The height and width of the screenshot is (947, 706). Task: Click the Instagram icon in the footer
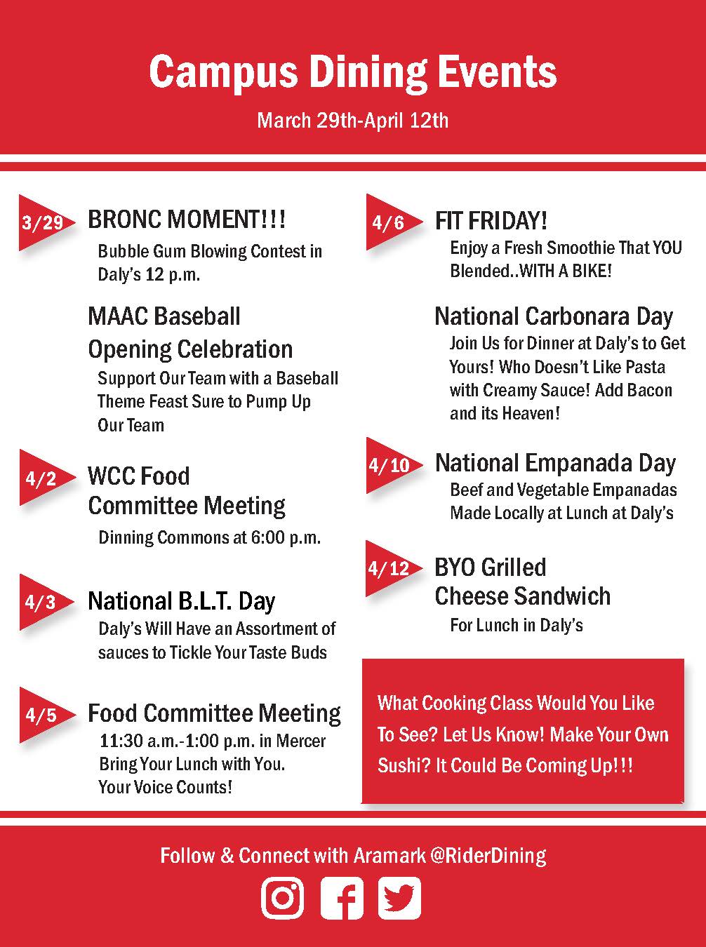(x=282, y=898)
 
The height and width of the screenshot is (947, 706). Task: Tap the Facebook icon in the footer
(x=342, y=898)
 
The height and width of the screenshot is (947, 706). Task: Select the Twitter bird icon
(x=399, y=898)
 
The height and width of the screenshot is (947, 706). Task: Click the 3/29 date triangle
(x=46, y=222)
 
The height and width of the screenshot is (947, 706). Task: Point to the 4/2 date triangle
(x=46, y=478)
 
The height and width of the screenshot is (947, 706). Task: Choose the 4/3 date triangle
(x=46, y=602)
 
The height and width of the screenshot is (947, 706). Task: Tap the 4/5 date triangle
(x=46, y=715)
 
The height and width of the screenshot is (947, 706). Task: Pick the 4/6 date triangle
(x=394, y=222)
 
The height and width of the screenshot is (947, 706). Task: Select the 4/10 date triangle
(x=394, y=465)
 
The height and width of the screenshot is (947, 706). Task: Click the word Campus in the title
(x=223, y=73)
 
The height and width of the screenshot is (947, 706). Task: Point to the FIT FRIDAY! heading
(x=491, y=220)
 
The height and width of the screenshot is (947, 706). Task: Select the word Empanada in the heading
(x=579, y=464)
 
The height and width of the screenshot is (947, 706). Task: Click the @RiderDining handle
(x=488, y=856)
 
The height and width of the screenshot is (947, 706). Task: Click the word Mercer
(x=300, y=741)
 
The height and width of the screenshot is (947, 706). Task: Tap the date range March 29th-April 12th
(x=352, y=121)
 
